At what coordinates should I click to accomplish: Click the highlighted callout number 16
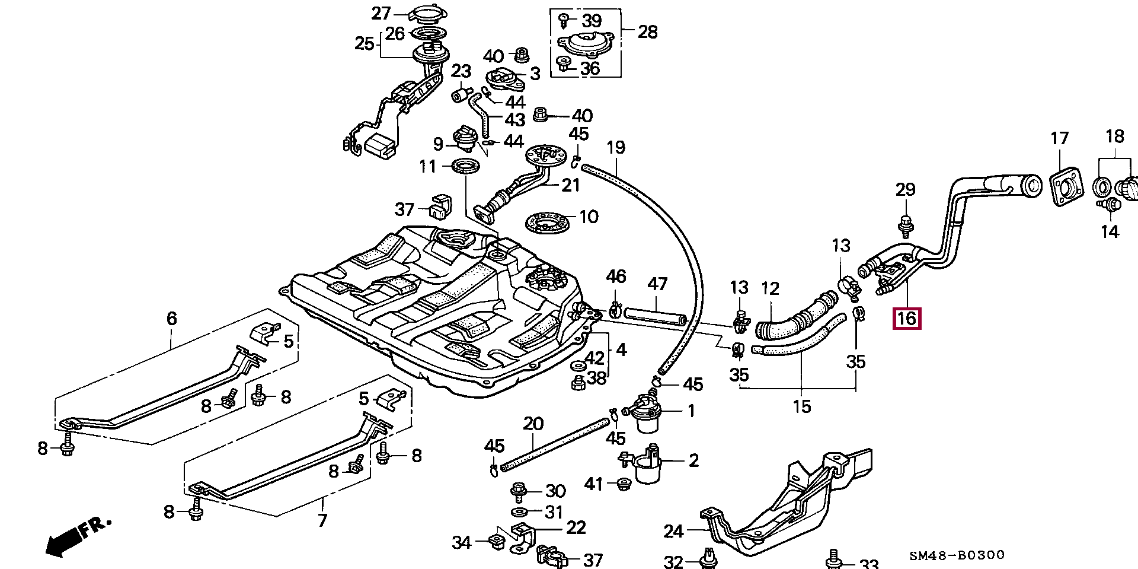pos(907,318)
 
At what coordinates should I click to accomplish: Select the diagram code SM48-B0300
pos(957,555)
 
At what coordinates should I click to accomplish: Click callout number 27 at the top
pos(381,13)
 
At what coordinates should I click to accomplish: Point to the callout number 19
pos(616,147)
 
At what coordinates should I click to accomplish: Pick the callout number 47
pos(657,284)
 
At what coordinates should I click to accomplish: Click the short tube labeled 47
pos(657,314)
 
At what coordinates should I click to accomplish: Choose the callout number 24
pos(674,531)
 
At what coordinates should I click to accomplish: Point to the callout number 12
pos(770,290)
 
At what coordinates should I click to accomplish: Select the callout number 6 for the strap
pos(171,319)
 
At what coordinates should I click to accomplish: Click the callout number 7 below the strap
pos(322,521)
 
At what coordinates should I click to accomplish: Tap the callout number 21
pos(570,185)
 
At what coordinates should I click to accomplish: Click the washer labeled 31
pos(520,512)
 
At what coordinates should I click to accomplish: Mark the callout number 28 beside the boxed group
pos(647,31)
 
